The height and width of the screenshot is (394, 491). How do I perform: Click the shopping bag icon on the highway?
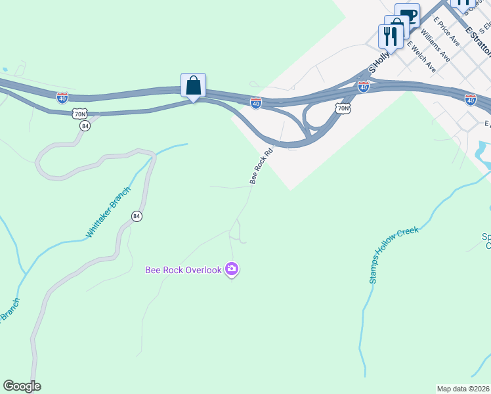pos(193,85)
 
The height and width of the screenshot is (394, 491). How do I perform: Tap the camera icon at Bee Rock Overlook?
pos(231,269)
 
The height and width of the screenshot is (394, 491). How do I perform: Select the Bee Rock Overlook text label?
pos(183,270)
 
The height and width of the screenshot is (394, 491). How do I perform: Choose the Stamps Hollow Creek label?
pos(393,255)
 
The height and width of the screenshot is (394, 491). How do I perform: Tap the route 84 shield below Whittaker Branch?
pos(137,216)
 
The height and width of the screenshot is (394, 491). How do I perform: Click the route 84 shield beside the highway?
pos(84,125)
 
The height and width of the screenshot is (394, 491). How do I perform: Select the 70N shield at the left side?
pos(80,114)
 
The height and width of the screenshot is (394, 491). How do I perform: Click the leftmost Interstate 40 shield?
pos(62,98)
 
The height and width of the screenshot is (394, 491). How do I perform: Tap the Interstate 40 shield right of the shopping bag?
pos(256,102)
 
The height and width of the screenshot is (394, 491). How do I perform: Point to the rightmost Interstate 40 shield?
pos(470,99)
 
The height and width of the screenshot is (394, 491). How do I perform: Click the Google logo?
pos(22,386)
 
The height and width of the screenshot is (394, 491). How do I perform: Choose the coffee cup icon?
pos(407,14)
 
